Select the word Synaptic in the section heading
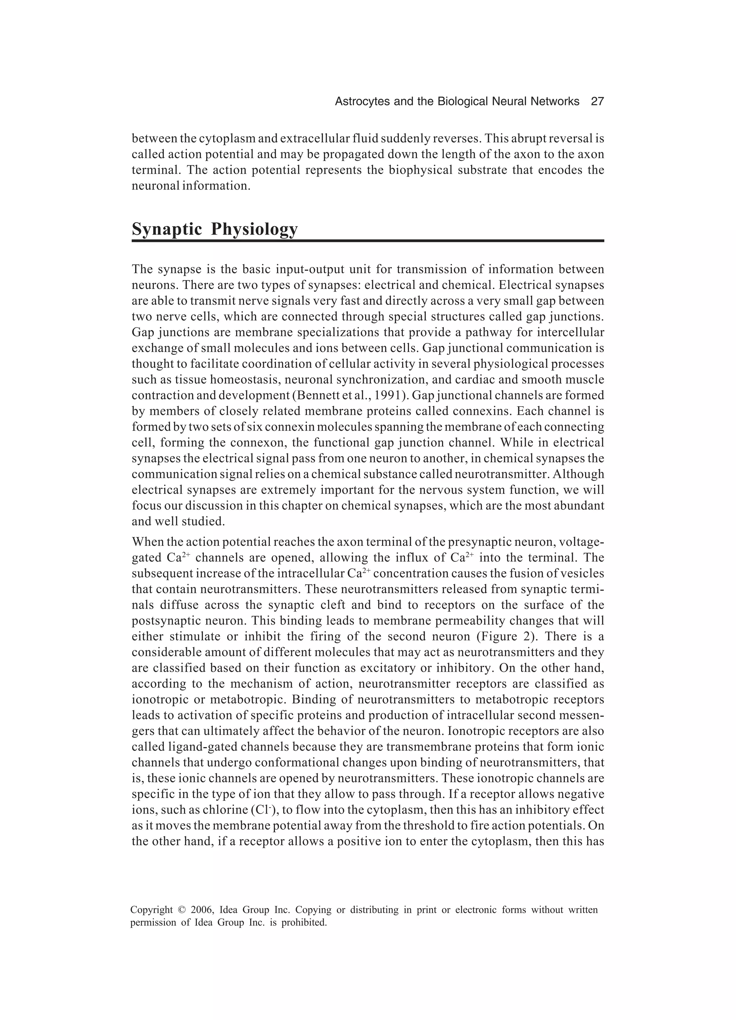tap(167, 229)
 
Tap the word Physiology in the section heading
tap(254, 229)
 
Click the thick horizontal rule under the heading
tap(368, 241)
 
